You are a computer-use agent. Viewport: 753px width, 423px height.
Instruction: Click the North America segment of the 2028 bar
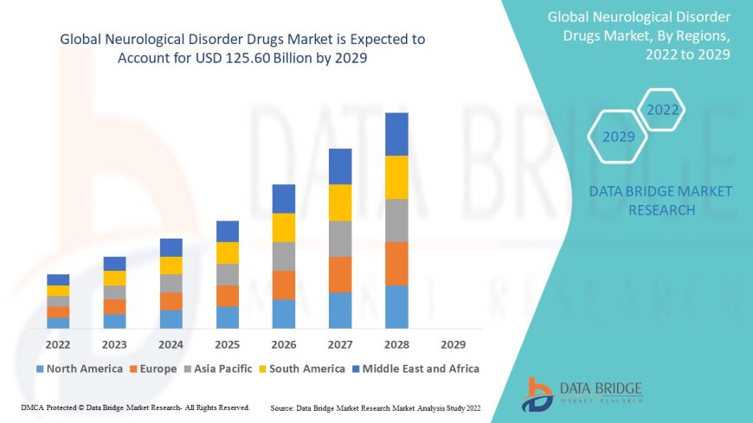396,306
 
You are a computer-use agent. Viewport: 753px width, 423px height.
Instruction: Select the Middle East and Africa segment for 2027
340,166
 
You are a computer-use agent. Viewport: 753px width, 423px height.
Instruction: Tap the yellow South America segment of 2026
284,228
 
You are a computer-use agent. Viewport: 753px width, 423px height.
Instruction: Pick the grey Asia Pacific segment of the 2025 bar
228,274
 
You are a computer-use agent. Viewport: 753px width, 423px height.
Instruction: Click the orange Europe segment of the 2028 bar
396,263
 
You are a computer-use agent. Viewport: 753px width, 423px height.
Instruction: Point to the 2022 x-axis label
58,343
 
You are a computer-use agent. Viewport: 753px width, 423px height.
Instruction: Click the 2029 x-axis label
453,343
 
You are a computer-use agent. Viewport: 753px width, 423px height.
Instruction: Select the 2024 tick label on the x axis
171,343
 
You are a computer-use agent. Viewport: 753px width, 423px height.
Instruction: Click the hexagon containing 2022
663,110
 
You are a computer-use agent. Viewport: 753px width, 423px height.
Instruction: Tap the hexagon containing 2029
618,137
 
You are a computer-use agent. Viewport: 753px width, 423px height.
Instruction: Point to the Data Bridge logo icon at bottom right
537,394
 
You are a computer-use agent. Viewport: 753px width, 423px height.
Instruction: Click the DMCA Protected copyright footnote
135,407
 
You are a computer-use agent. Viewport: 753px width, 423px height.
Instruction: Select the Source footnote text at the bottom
376,407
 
